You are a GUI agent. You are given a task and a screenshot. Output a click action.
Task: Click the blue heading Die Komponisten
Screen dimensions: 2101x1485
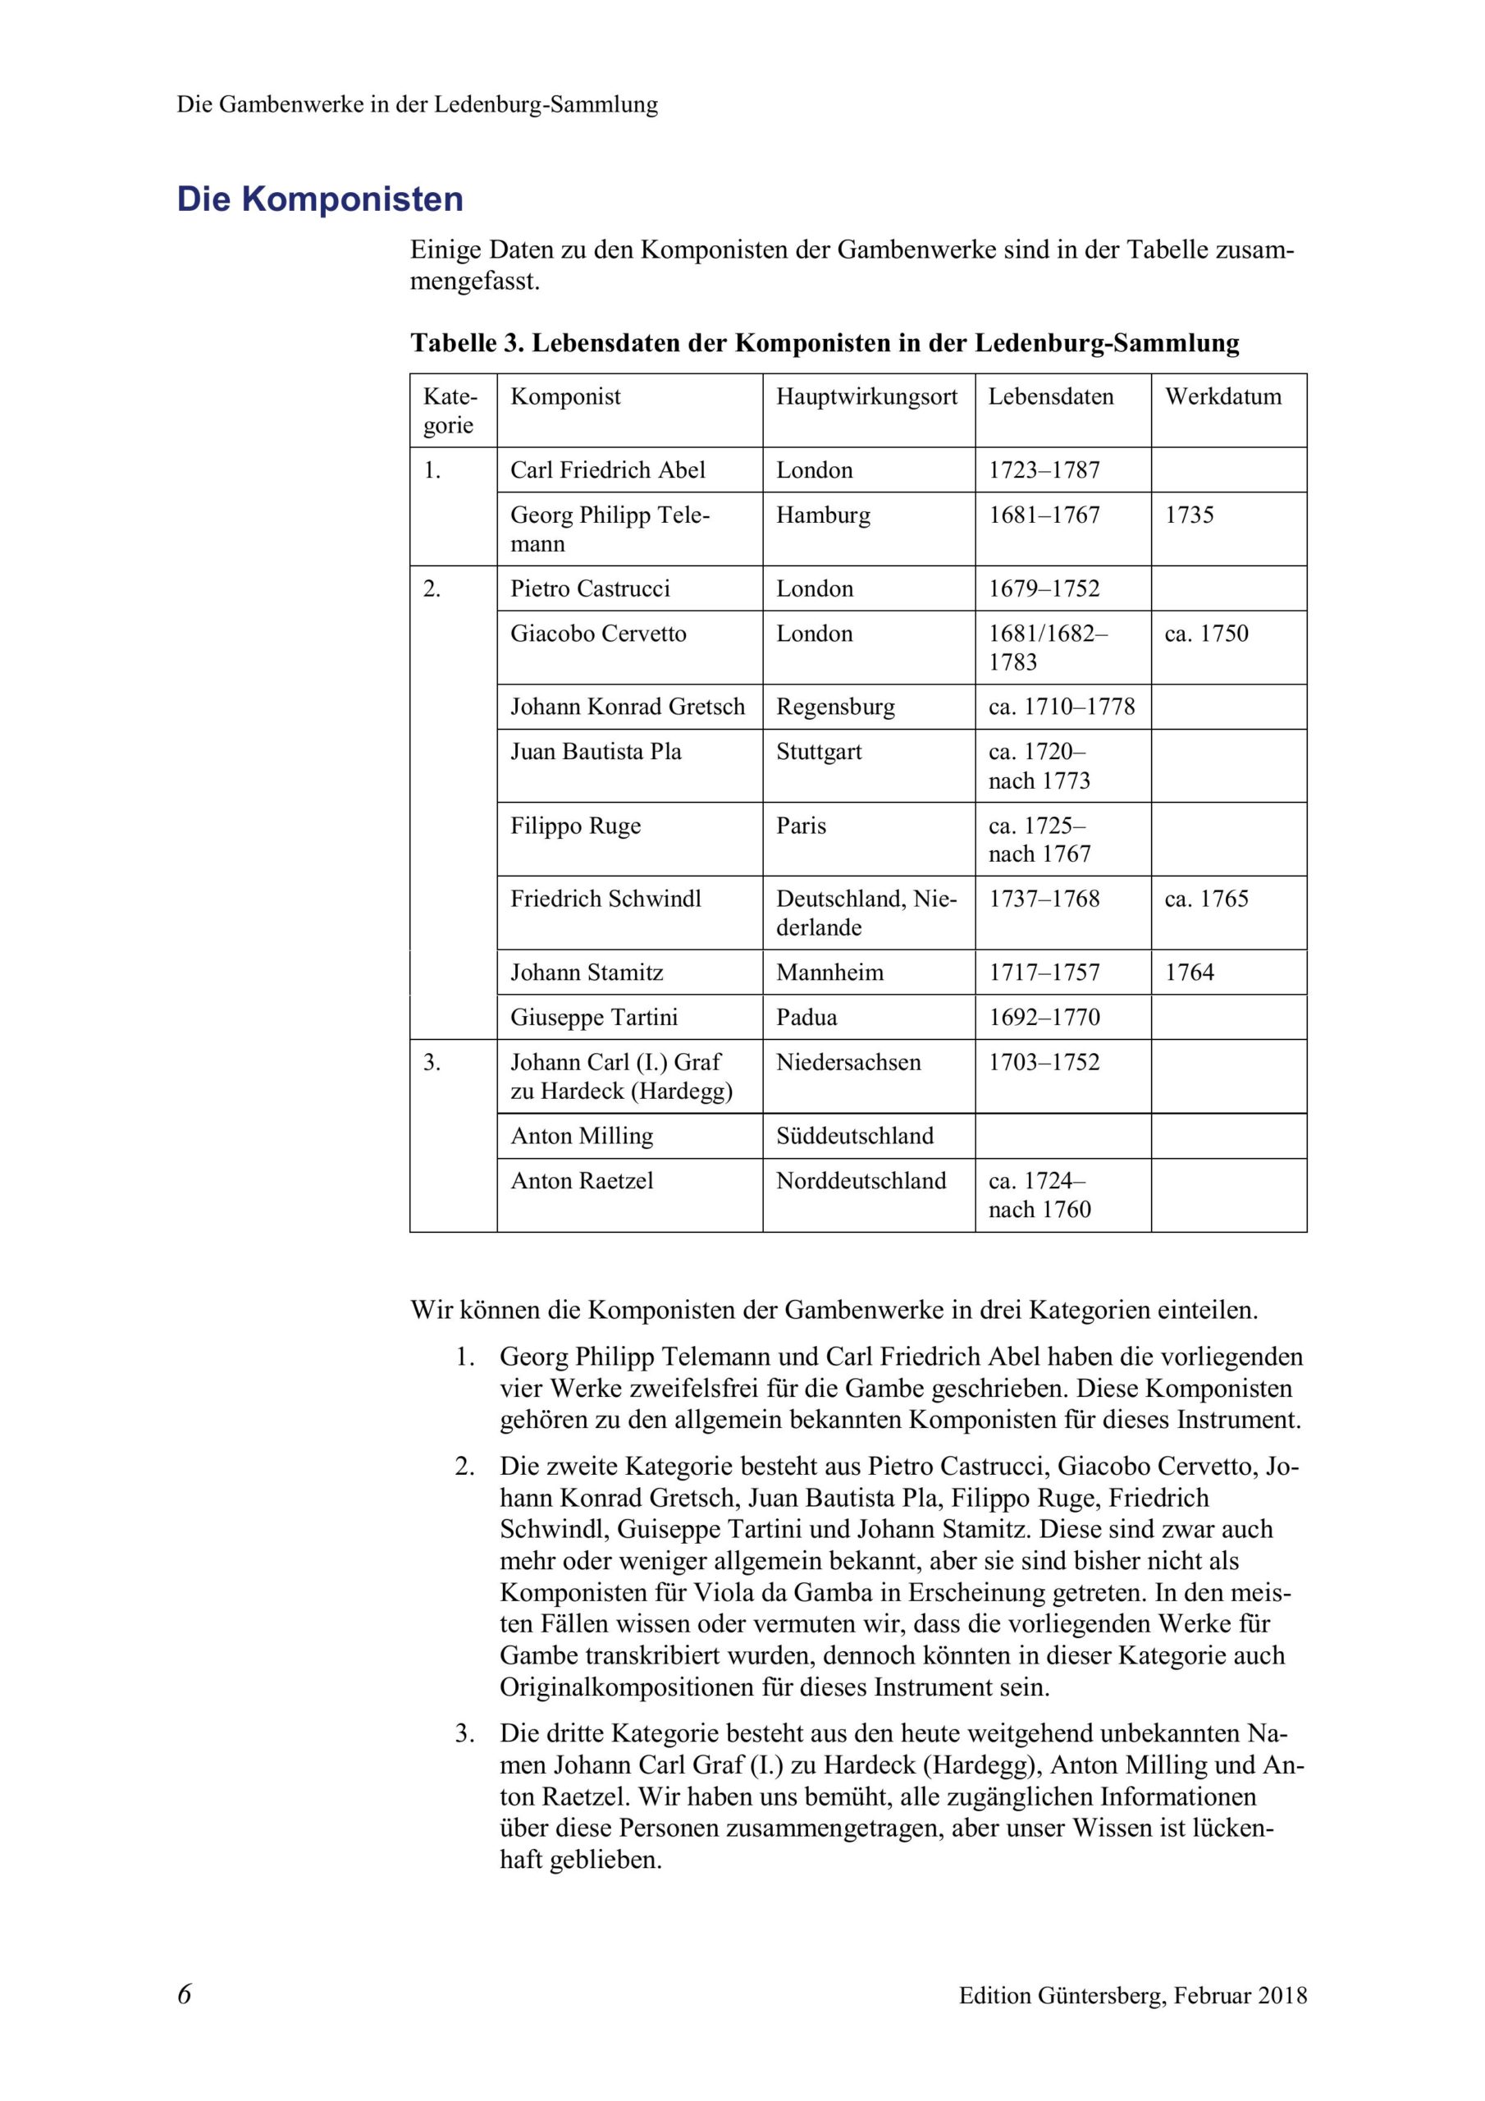pyautogui.click(x=319, y=199)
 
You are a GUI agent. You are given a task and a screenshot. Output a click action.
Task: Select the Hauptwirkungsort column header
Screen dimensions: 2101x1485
pyautogui.click(x=866, y=396)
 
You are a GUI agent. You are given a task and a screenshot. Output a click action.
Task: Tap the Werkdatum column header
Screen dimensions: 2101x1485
pyautogui.click(x=1222, y=396)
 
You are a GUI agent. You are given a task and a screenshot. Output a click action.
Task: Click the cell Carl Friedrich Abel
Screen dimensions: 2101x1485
pyautogui.click(x=608, y=469)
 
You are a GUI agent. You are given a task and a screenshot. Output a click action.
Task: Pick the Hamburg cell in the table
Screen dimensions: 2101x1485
pyautogui.click(x=823, y=515)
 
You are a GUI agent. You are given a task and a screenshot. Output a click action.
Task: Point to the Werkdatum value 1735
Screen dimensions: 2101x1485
pyautogui.click(x=1189, y=515)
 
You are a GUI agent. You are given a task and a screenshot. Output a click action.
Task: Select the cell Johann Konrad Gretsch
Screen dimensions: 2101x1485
pyautogui.click(x=627, y=707)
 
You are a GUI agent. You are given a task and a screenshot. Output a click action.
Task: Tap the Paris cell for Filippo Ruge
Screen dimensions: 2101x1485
pyautogui.click(x=801, y=826)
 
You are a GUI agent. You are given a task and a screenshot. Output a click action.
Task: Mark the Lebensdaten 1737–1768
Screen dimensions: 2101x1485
pyautogui.click(x=1043, y=899)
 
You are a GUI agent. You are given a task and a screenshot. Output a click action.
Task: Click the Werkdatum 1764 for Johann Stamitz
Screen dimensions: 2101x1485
pyautogui.click(x=1189, y=972)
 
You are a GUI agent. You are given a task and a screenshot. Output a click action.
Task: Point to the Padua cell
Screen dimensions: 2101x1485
pyautogui.click(x=806, y=1017)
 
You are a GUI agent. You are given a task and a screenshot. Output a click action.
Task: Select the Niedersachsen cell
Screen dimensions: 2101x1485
pyautogui.click(x=848, y=1061)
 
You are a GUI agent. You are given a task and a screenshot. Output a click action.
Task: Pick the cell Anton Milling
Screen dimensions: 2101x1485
pyautogui.click(x=581, y=1136)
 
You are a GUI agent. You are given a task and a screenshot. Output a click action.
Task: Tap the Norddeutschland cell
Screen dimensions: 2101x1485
pyautogui.click(x=860, y=1180)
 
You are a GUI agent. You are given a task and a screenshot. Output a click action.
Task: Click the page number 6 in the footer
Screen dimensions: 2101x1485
pyautogui.click(x=184, y=1994)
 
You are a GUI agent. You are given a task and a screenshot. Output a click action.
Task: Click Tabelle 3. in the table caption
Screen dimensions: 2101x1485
pyautogui.click(x=467, y=343)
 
